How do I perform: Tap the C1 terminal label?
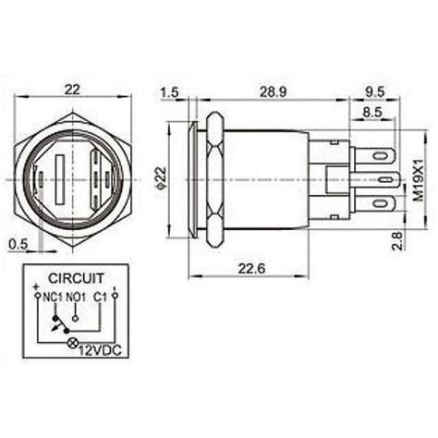click(100, 297)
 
